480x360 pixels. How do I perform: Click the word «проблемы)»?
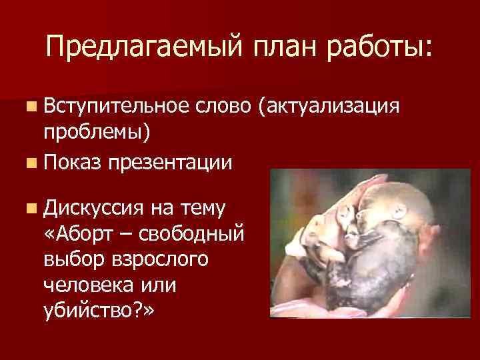97,133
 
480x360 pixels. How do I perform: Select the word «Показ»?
71,162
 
